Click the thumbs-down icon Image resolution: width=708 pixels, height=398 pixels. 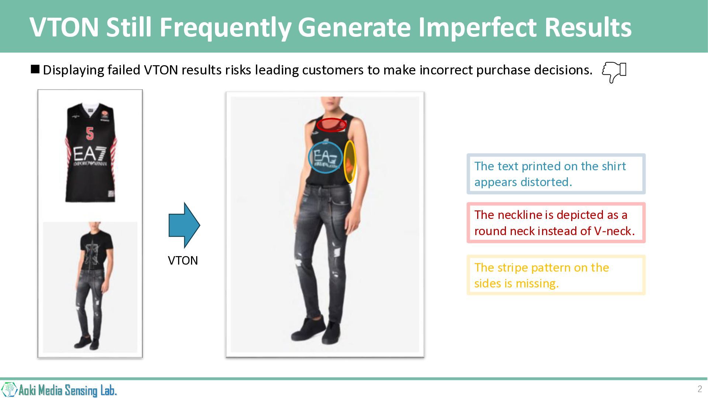click(x=614, y=72)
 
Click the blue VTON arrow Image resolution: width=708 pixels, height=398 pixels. click(x=184, y=225)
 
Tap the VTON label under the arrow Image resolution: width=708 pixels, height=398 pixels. click(x=183, y=261)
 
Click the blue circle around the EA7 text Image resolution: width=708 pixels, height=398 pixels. click(x=309, y=157)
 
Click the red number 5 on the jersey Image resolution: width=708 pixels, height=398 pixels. click(x=90, y=133)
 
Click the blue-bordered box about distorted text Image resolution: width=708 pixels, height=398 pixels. click(x=556, y=174)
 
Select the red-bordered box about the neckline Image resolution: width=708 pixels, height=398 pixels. click(x=556, y=223)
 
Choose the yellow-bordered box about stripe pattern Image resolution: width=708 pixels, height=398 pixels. click(x=556, y=275)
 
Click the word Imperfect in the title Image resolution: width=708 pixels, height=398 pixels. click(x=478, y=27)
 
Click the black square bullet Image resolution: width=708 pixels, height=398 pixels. click(x=35, y=69)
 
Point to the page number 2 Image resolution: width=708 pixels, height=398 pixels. click(x=700, y=389)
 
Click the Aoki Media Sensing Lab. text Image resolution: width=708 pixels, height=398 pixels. click(x=67, y=390)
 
